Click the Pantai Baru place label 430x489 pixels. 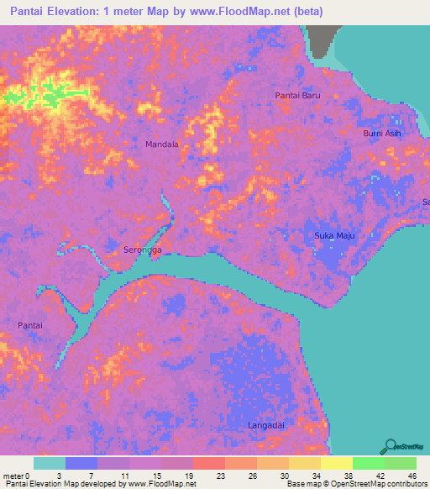298,96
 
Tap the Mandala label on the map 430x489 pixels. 162,145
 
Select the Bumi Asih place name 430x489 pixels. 382,134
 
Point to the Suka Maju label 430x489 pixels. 335,235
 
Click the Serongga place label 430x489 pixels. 138,250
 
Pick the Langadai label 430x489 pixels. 266,427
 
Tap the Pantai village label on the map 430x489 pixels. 30,324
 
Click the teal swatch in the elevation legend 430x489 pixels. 50,463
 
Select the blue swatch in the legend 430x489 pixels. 81,463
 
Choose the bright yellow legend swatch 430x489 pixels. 337,463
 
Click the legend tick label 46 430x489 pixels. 412,476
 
